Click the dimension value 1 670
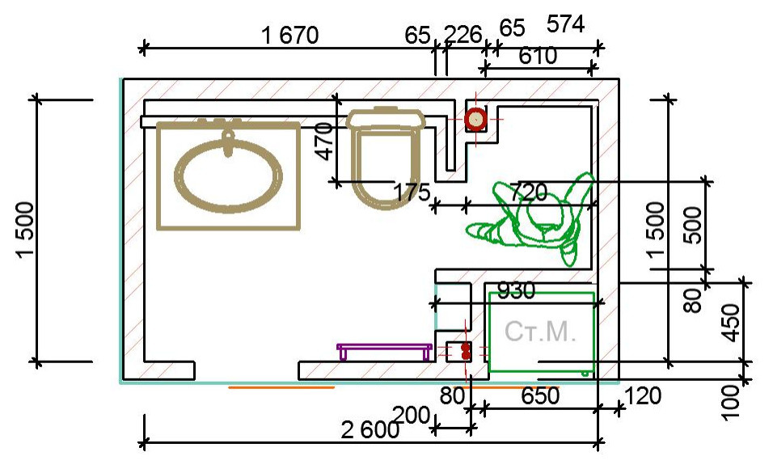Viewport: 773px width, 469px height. point(289,36)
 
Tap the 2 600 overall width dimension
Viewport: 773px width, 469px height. point(370,430)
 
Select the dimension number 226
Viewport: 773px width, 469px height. point(463,35)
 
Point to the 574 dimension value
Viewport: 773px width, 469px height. point(565,23)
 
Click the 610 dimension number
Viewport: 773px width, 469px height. point(538,56)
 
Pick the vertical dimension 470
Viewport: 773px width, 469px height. point(324,142)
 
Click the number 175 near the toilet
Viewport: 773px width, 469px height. point(412,192)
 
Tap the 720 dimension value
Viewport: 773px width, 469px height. point(528,192)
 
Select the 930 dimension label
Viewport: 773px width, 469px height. point(516,291)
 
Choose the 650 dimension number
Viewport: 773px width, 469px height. point(540,395)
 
